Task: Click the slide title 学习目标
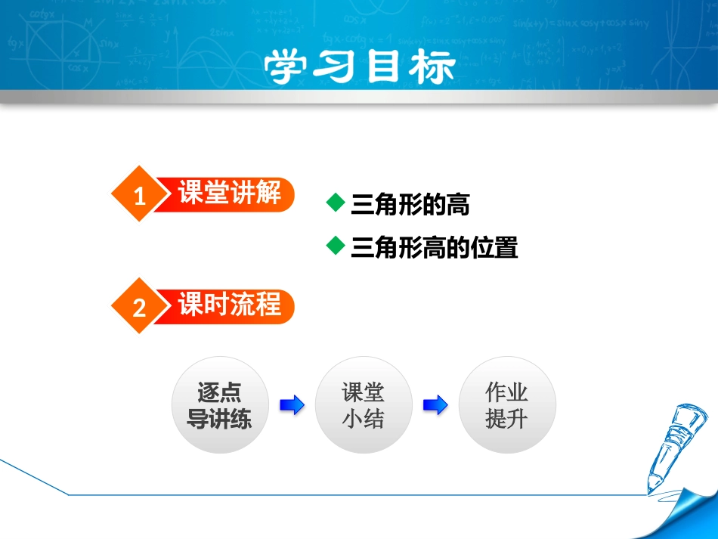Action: click(359, 67)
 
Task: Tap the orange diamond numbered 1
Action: click(138, 195)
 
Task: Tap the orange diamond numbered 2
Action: click(138, 307)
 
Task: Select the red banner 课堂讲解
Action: click(229, 194)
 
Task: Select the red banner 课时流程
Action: click(229, 305)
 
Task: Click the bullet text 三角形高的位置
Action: click(435, 247)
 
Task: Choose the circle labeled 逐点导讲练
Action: click(219, 405)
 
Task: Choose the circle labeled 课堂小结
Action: click(363, 405)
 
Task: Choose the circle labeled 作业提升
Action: click(506, 405)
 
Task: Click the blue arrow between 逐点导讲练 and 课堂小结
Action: click(292, 405)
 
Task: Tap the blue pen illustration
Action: click(673, 446)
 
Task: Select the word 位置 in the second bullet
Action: click(494, 247)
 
